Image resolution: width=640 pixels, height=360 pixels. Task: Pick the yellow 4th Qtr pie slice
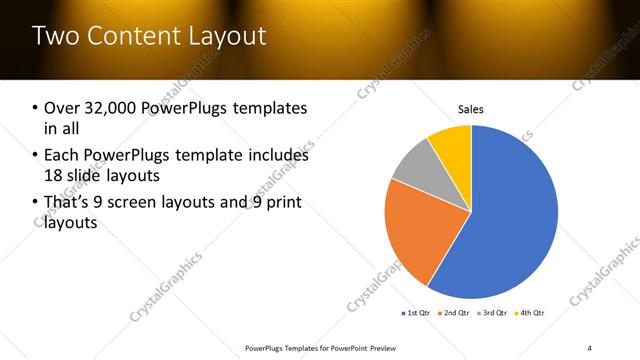tap(453, 145)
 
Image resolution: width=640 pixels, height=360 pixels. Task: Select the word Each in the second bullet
tap(63, 156)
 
